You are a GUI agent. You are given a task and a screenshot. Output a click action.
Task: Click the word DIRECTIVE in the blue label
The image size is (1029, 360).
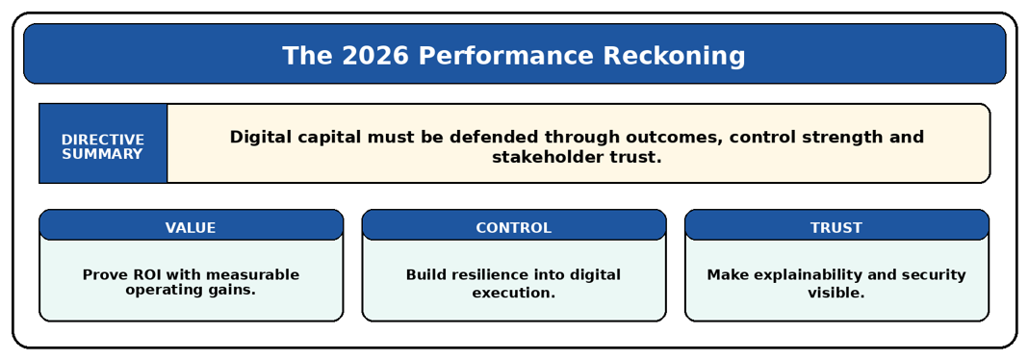[103, 140]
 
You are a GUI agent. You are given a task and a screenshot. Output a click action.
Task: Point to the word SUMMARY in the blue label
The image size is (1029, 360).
[103, 155]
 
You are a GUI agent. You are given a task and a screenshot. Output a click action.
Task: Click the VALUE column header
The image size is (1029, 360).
[191, 227]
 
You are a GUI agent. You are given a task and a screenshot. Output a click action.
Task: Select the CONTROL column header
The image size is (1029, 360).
[514, 227]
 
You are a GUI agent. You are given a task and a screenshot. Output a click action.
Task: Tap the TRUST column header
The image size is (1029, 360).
[836, 227]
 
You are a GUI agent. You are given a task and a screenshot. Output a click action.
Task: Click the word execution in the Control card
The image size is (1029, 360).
[514, 294]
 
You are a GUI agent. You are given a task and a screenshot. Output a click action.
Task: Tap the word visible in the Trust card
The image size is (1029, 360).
[836, 294]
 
